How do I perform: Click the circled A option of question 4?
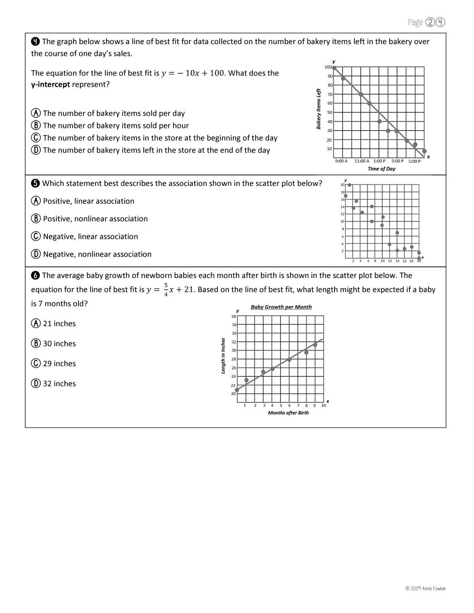pos(36,113)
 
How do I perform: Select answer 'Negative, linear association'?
pos(90,236)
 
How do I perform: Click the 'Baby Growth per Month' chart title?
pos(281,307)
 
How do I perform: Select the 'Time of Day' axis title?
pos(382,169)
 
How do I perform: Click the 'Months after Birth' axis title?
pos(288,413)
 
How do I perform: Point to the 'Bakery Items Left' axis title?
pos(319,108)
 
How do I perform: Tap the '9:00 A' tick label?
pos(341,161)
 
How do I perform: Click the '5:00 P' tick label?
pos(414,161)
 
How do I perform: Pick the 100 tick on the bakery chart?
pos(328,67)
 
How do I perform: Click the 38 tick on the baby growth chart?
pos(234,316)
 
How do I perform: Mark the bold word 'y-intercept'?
pos(50,85)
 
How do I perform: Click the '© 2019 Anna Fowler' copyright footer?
pos(425,589)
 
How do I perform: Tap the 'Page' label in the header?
pos(415,22)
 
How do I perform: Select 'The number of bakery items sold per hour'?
pos(116,125)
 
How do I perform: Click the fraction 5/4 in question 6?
pos(166,290)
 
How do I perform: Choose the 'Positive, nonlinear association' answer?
pos(95,219)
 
